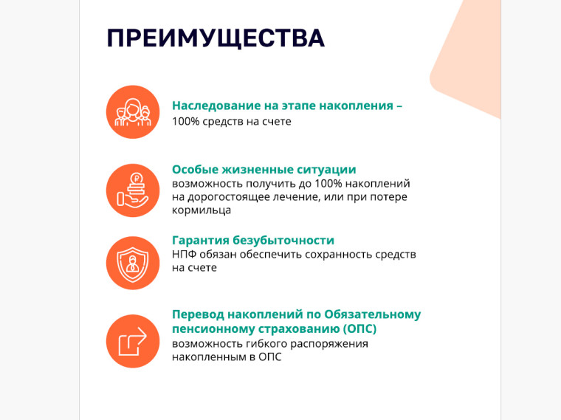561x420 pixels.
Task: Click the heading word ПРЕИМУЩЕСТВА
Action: click(x=216, y=38)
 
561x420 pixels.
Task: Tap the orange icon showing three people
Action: click(x=133, y=112)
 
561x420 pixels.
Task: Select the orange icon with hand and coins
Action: click(x=133, y=190)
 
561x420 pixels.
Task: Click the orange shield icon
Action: click(x=133, y=263)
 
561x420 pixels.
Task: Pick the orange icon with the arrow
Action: click(x=133, y=341)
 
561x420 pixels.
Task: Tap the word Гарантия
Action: click(x=200, y=241)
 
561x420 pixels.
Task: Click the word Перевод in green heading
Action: click(x=199, y=314)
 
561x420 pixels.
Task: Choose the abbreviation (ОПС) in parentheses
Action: click(x=359, y=328)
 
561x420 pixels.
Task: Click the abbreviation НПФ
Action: click(x=184, y=255)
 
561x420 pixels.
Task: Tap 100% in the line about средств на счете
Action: click(x=185, y=121)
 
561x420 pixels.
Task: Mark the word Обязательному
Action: click(x=373, y=314)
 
